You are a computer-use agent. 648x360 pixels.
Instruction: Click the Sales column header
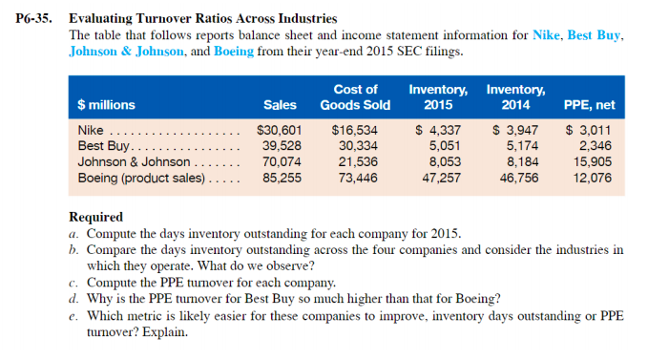(x=280, y=105)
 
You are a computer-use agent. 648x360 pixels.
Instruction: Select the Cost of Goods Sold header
(x=354, y=97)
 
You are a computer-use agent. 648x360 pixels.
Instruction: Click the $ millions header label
(x=106, y=105)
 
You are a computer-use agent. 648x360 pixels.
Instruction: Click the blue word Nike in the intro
(x=544, y=35)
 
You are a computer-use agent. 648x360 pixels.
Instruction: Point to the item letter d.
(x=73, y=300)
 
